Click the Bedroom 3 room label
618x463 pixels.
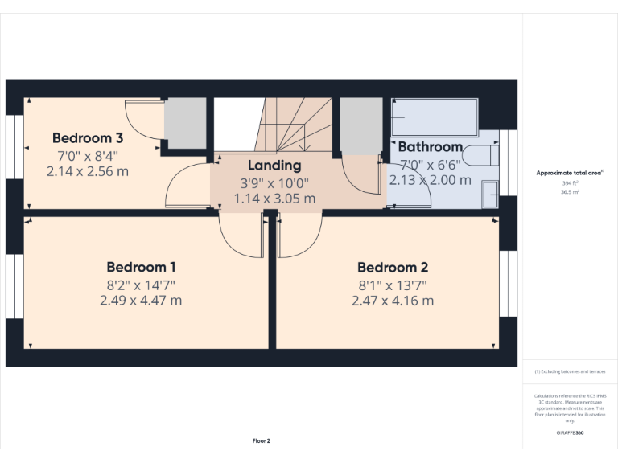point(88,137)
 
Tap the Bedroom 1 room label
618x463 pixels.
point(142,267)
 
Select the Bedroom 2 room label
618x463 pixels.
point(393,268)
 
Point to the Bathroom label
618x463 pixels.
point(431,147)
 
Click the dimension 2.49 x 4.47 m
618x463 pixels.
point(141,301)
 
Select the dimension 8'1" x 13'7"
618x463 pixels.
point(393,285)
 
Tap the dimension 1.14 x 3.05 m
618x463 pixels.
point(274,199)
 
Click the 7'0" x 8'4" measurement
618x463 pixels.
point(88,154)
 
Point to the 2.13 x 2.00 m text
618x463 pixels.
point(431,180)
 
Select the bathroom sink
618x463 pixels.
point(490,194)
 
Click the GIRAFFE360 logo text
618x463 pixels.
point(570,432)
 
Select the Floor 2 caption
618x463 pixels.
point(262,440)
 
